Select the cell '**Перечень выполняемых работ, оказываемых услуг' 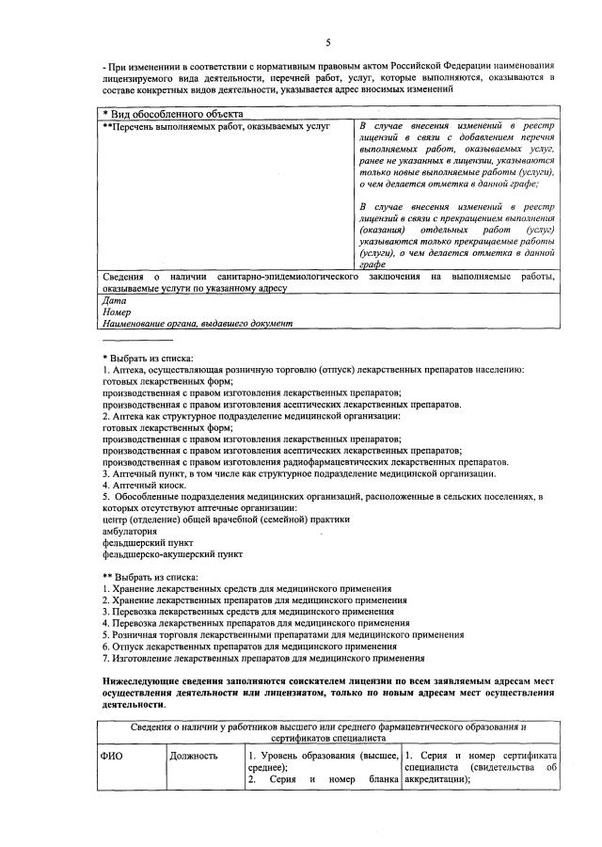pyautogui.click(x=215, y=126)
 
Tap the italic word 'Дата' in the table pyautogui.click(x=112, y=300)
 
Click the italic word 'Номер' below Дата pyautogui.click(x=116, y=312)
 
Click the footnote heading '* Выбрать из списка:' pyautogui.click(x=148, y=359)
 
